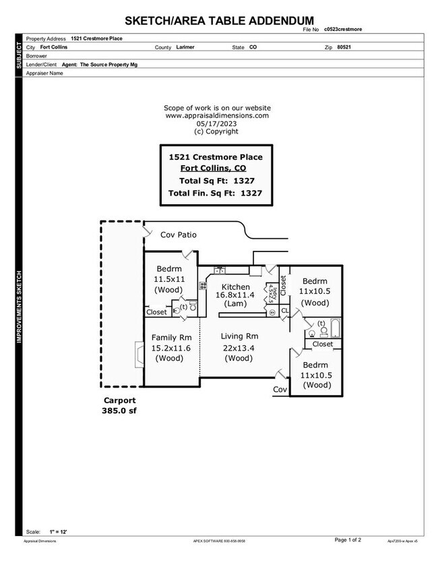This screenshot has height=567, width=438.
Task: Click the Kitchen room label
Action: pos(232,287)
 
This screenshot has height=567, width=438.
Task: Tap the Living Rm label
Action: pos(240,336)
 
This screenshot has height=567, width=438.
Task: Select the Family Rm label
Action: pos(172,337)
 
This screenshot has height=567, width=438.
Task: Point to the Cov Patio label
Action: pos(178,235)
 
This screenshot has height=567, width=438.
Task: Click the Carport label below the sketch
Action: pos(119,400)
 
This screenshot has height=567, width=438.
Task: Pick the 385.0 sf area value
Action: pos(119,410)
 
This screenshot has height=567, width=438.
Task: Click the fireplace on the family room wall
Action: pos(139,353)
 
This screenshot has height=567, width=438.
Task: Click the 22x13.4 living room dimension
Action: pos(239,348)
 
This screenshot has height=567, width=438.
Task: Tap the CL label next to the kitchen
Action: pos(285,311)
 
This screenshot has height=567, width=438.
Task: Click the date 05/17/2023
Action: pos(217,123)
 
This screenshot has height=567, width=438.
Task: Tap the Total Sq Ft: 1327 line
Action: pos(216,181)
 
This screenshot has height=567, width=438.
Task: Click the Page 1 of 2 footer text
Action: pos(348,540)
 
